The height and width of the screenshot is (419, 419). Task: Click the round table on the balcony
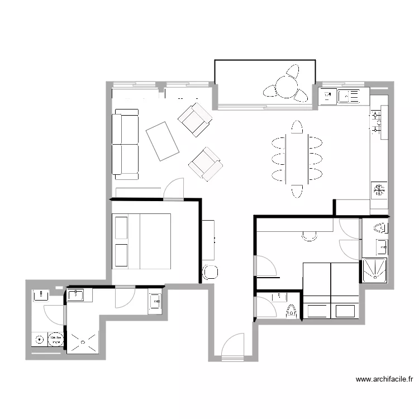285,87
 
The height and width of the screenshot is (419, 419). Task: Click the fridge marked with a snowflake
379,190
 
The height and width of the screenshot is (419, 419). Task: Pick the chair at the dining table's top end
297,127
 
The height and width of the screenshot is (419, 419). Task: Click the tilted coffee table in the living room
162,141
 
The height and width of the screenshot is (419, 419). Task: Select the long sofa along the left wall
126,144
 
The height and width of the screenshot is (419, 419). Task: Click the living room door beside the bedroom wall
174,189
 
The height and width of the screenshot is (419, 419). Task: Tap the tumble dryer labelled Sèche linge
56,339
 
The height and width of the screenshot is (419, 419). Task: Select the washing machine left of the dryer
40,339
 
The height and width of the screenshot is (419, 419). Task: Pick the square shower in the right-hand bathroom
375,270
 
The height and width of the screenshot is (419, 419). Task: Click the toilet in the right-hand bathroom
380,228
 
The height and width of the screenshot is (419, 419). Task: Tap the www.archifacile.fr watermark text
384,379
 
